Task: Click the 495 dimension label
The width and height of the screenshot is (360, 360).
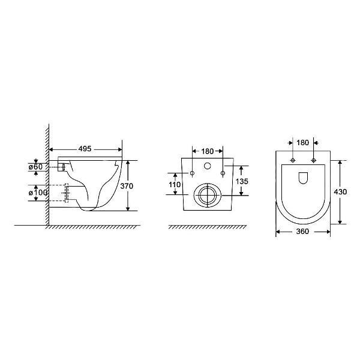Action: coord(85,149)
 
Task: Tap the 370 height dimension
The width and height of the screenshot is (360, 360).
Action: coord(127,186)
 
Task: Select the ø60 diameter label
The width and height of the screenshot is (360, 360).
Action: coord(35,167)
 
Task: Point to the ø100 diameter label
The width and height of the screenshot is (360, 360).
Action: coord(38,193)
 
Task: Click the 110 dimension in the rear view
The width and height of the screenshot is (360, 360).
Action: coord(175,184)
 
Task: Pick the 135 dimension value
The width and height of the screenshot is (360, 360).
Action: coord(242,181)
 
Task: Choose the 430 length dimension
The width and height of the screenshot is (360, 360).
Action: coord(340,192)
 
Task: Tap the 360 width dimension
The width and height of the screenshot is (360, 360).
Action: coord(302,232)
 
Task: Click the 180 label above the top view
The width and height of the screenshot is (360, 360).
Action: coord(302,143)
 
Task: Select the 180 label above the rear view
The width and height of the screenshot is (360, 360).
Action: coord(208,151)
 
